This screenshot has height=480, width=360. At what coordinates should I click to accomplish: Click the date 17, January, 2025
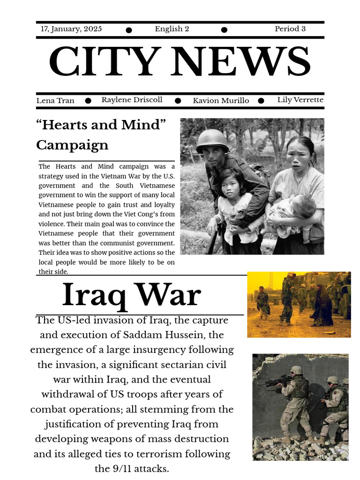pyautogui.click(x=71, y=29)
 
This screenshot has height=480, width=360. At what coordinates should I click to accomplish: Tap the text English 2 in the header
pyautogui.click(x=172, y=29)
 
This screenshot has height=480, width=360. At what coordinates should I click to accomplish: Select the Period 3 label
pyautogui.click(x=290, y=29)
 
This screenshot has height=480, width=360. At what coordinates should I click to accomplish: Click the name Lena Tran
pyautogui.click(x=55, y=101)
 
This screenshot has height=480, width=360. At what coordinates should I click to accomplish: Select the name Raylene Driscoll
pyautogui.click(x=132, y=100)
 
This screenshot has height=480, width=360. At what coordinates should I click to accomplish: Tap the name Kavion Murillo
pyautogui.click(x=221, y=101)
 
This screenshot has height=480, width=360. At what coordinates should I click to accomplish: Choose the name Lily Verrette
pyautogui.click(x=300, y=100)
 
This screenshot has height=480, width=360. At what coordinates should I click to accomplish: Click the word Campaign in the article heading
pyautogui.click(x=72, y=145)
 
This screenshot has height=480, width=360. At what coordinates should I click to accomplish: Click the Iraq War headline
pyautogui.click(x=132, y=295)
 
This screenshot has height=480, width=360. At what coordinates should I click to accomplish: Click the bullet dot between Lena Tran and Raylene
pyautogui.click(x=88, y=101)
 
